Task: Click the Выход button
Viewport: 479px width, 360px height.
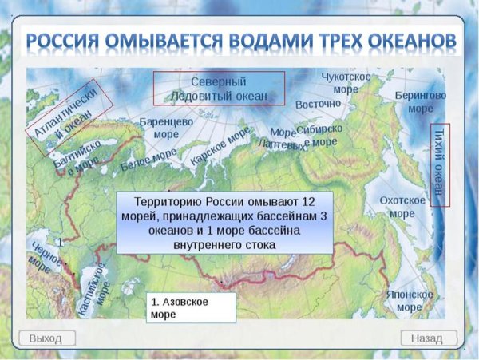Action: [46, 338]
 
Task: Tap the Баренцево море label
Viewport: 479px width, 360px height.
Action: [167, 128]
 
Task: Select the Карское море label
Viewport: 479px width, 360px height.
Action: [220, 147]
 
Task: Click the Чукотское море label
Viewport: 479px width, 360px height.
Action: [345, 82]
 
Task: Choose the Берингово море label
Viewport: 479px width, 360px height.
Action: [420, 101]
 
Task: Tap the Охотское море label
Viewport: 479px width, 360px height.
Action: [402, 207]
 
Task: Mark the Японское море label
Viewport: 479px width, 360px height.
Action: [409, 300]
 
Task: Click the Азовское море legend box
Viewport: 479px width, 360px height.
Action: [191, 308]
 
